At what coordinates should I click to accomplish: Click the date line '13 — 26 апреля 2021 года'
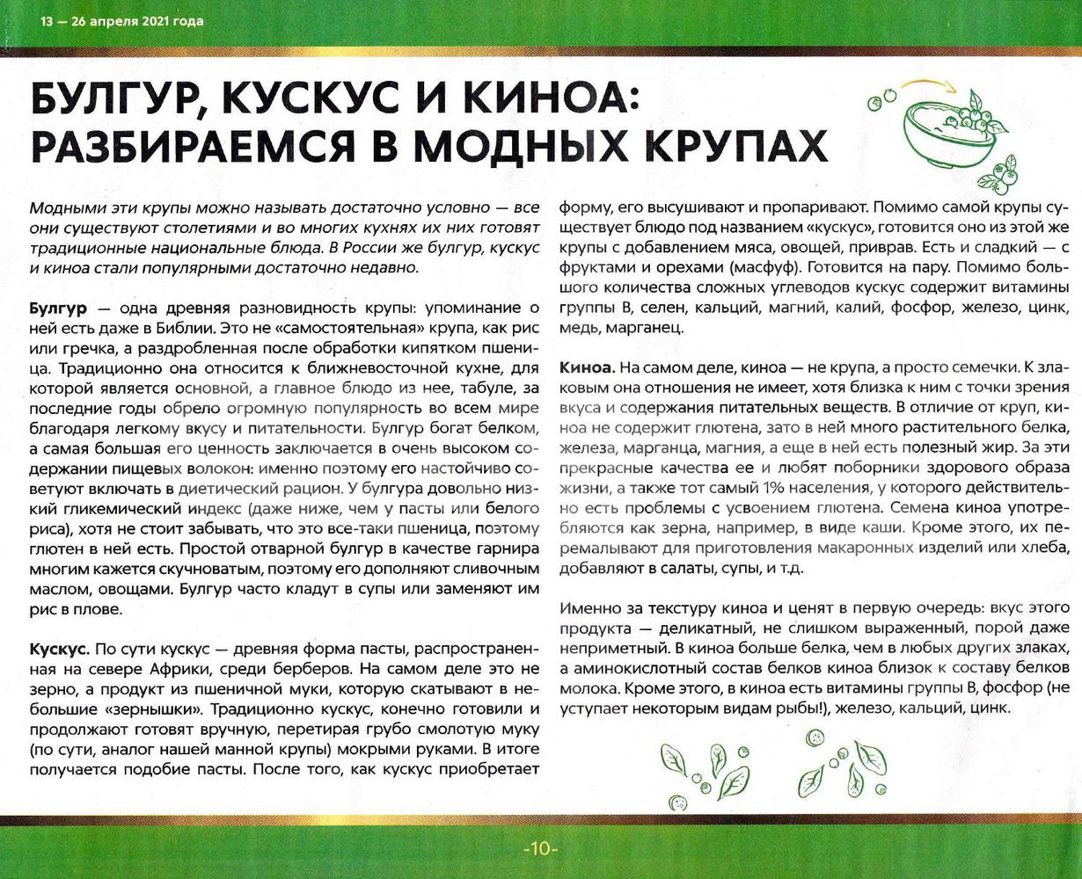[121, 21]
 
